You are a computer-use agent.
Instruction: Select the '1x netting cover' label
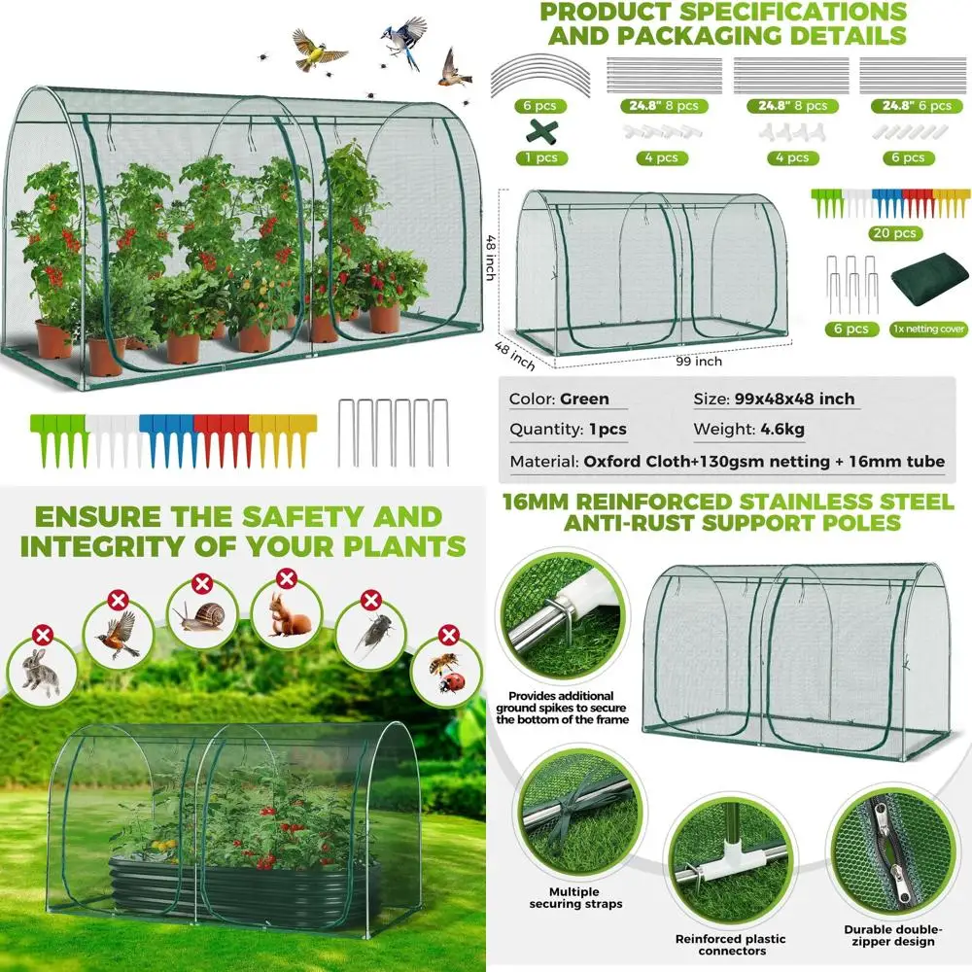pos(928,330)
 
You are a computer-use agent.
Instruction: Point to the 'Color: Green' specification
pos(559,399)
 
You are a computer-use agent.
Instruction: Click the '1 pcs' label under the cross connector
pos(536,157)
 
